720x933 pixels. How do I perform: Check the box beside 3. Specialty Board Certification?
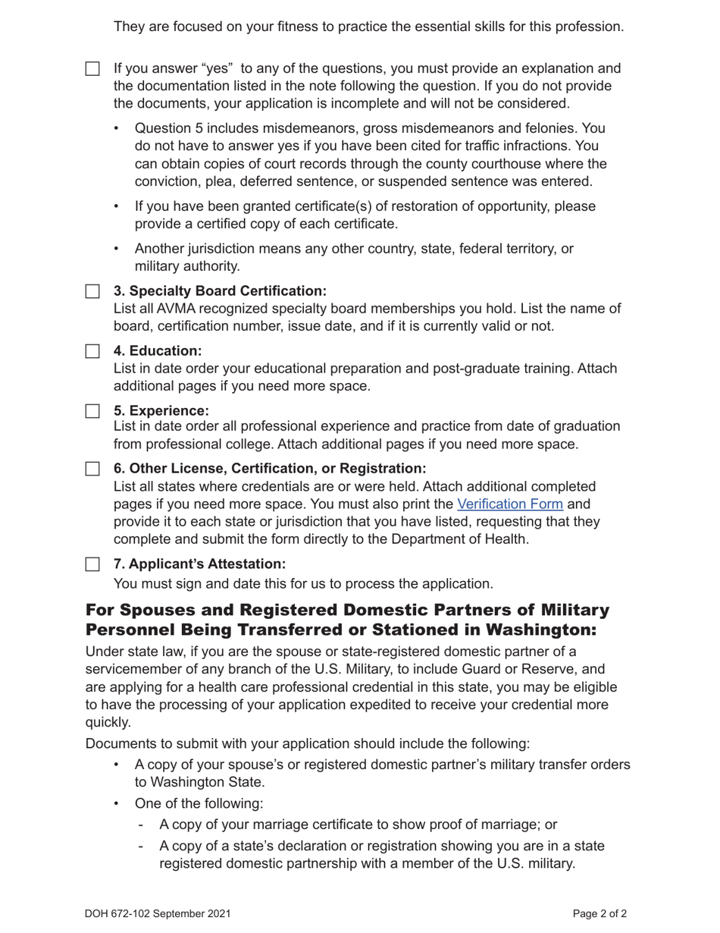tap(92, 291)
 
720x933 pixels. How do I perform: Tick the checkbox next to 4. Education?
tap(92, 351)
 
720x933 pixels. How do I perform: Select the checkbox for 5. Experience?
tap(92, 411)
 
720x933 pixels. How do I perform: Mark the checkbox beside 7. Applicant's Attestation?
tap(92, 564)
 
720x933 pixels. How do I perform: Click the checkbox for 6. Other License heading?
tap(92, 469)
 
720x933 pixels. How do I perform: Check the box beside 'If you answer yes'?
tap(92, 69)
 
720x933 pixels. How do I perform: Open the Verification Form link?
tap(509, 504)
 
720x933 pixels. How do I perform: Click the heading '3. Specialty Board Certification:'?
tap(220, 291)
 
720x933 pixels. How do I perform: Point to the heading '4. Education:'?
tap(158, 351)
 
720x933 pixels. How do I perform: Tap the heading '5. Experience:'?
tap(161, 411)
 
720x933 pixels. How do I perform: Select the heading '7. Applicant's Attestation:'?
tap(199, 564)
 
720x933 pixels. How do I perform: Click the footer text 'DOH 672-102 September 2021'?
tap(158, 914)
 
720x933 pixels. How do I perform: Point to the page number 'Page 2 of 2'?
tap(599, 914)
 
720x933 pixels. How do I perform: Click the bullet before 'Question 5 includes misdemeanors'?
tap(116, 129)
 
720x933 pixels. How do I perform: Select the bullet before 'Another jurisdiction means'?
tap(116, 249)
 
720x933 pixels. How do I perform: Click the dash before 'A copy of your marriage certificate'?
tap(141, 825)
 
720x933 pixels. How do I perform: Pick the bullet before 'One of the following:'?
tap(116, 803)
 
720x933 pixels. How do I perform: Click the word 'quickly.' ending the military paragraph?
tap(108, 723)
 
